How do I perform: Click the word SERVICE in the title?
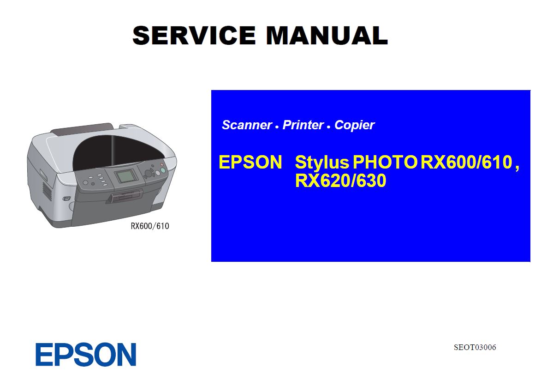(194, 35)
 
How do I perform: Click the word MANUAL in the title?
(327, 35)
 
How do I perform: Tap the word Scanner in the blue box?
(247, 125)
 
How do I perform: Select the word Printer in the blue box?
(303, 125)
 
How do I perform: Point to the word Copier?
(354, 125)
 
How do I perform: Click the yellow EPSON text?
(250, 162)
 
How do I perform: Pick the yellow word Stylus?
(321, 163)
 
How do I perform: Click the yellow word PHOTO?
(385, 162)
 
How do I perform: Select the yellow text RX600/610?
(466, 162)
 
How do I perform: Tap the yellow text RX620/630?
(340, 181)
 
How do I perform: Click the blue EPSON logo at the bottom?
(86, 355)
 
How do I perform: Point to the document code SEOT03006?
(475, 347)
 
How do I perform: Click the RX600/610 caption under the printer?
(149, 226)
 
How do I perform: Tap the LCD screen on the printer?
(126, 176)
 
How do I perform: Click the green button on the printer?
(163, 170)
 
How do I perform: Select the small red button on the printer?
(161, 164)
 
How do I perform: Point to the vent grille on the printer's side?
(47, 191)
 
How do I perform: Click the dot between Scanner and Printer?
(277, 127)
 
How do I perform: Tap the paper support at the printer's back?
(82, 128)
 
